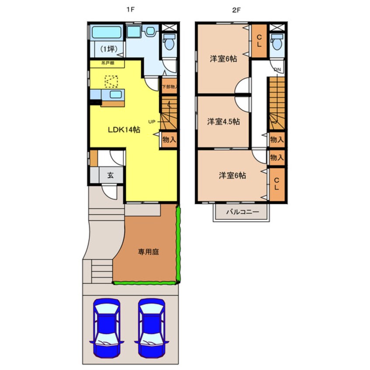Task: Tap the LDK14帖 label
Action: [124, 130]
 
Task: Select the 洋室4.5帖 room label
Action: [223, 122]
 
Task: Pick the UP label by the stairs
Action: [152, 122]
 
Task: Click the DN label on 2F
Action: [277, 69]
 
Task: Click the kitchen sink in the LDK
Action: [115, 94]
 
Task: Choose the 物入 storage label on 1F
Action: [168, 140]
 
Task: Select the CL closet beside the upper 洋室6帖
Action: [259, 41]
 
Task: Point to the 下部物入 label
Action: [169, 87]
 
